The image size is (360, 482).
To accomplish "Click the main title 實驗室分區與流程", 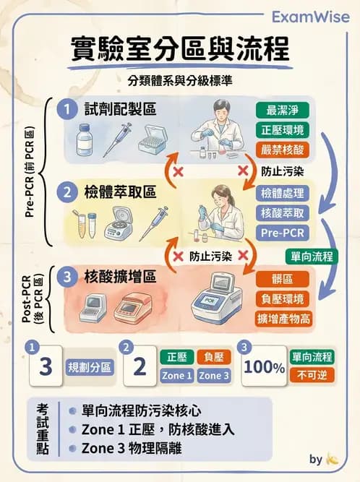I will point(179,50).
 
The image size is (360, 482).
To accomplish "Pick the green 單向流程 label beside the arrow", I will point(312,257).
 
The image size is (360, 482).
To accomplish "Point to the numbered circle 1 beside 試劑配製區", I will point(67,109).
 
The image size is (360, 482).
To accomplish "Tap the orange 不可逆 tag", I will point(312,375).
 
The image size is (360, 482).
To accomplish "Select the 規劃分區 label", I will point(90,367).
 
